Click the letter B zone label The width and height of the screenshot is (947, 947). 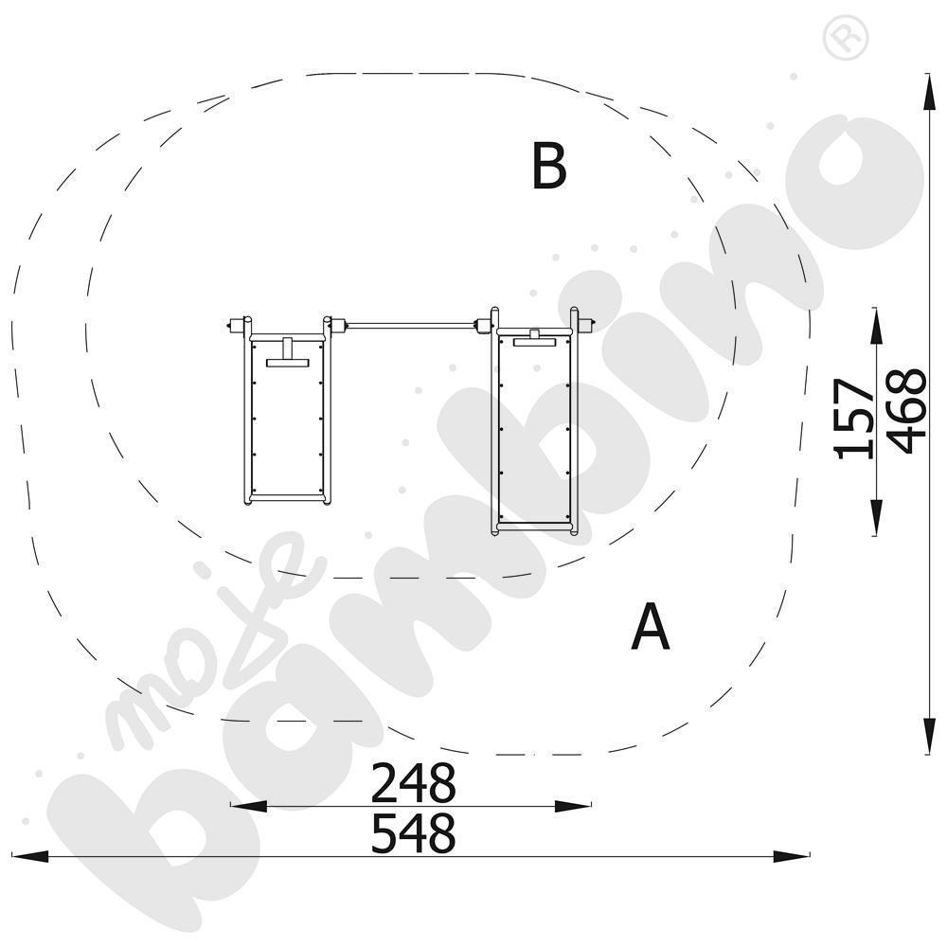coord(549,166)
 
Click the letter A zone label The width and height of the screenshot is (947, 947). coord(651,626)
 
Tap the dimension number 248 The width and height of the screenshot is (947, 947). coord(413,782)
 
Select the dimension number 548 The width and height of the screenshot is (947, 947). coord(413,832)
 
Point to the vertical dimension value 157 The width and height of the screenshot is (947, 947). coord(853,419)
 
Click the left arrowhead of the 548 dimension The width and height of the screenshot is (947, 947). coord(30,856)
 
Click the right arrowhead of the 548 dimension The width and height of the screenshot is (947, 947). coord(792,856)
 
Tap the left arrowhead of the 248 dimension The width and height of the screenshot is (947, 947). coord(248,806)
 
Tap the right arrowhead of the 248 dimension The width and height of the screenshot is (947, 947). coord(573,806)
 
